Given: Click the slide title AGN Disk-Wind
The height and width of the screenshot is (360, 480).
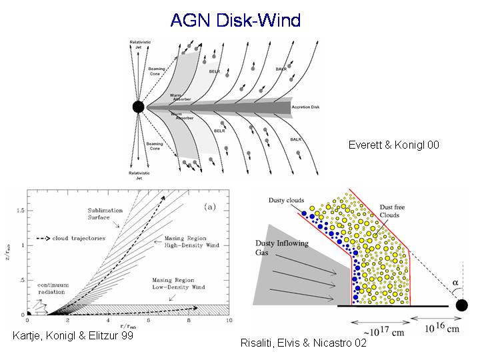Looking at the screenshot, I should (235, 19).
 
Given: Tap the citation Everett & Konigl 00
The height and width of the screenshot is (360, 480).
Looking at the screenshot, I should (394, 145).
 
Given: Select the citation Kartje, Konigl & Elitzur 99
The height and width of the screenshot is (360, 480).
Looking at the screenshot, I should (73, 336).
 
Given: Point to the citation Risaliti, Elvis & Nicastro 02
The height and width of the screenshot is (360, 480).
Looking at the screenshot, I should (303, 343).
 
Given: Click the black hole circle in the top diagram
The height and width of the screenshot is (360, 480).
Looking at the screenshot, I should (138, 107).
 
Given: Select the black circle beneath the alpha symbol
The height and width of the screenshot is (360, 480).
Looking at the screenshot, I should (461, 305).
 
